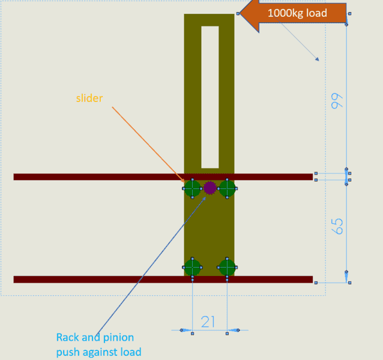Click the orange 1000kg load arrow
tap(292, 13)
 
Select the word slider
tap(89, 98)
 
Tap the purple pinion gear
tap(210, 188)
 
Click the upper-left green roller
tap(193, 188)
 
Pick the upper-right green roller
tap(227, 188)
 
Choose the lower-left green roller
tap(193, 268)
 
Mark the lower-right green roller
tap(227, 268)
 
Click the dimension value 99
tap(337, 101)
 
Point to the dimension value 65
tap(337, 226)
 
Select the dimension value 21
tap(208, 322)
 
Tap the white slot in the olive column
tap(210, 97)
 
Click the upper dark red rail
tap(163, 177)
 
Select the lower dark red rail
tap(163, 280)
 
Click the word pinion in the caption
tap(118, 338)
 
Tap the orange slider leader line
tap(148, 145)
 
